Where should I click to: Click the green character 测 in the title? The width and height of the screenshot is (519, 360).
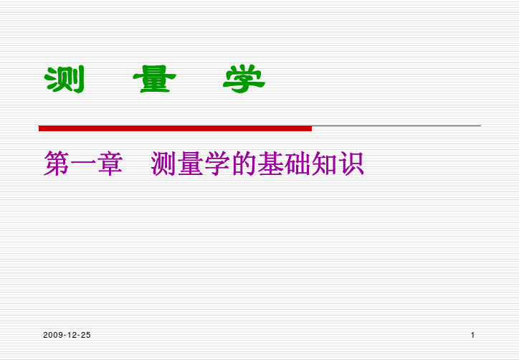65,79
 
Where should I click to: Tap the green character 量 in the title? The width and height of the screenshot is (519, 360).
154,79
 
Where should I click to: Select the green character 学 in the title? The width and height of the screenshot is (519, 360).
244,79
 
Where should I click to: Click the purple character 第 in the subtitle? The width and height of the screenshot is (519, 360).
56,164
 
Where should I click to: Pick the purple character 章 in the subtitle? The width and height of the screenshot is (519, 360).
110,164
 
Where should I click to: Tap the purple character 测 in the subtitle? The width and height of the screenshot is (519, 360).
163,164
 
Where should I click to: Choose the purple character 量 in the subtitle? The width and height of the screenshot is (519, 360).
190,164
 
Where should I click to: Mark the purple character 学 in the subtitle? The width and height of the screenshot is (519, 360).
217,164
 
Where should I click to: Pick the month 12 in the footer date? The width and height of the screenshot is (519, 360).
72,335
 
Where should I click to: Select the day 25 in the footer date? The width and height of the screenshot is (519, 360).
85,335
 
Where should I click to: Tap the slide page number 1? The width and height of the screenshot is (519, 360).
472,335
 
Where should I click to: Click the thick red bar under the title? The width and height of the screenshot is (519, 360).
175,128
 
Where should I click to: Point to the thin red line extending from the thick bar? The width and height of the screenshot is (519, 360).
396,125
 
